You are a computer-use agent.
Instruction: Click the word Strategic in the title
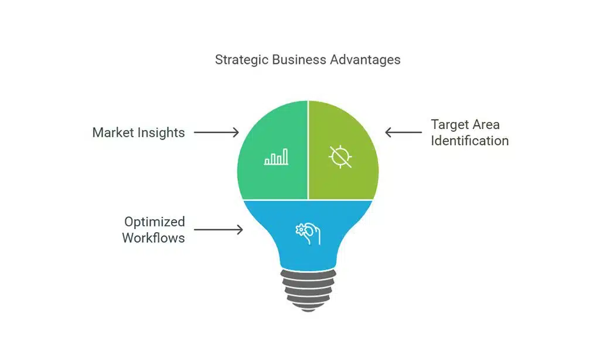click(x=238, y=60)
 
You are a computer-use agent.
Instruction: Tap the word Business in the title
click(x=295, y=60)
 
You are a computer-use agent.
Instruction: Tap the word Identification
click(x=470, y=141)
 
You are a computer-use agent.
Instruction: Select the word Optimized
click(x=154, y=222)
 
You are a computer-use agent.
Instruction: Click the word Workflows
click(x=154, y=237)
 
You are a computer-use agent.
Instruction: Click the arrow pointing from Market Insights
click(x=216, y=133)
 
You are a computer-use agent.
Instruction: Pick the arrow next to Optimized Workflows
click(x=218, y=230)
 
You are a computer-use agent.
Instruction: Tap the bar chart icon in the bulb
click(x=276, y=157)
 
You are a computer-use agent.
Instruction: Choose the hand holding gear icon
click(x=308, y=233)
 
